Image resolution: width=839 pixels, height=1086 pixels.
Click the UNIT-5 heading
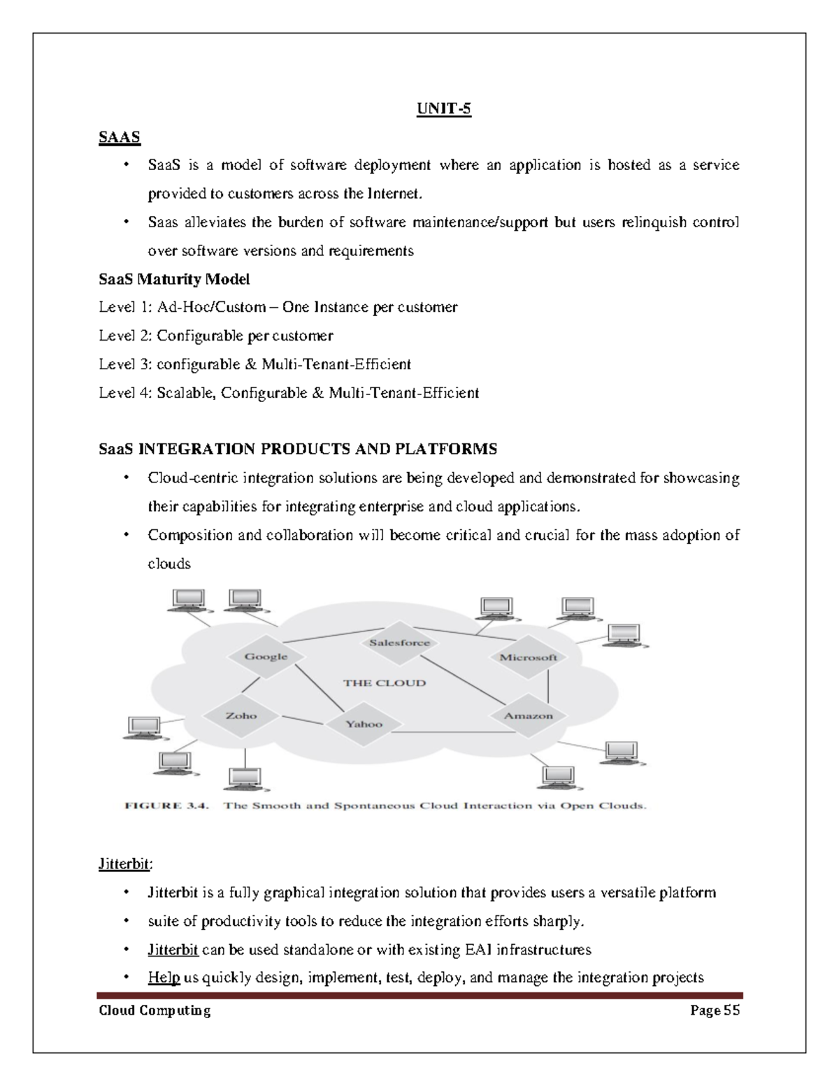tap(444, 109)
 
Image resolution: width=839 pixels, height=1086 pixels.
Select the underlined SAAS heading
tap(120, 138)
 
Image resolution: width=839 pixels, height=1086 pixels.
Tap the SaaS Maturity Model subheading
tap(174, 280)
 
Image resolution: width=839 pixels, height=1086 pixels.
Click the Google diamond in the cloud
tap(266, 657)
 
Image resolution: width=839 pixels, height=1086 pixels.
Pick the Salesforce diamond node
tap(399, 643)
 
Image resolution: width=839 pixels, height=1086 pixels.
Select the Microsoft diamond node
tap(528, 657)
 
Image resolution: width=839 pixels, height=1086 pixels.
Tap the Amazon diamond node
tap(528, 715)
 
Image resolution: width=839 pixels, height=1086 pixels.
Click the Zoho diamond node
tap(241, 715)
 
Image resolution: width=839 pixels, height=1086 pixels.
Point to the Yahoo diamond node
tap(364, 724)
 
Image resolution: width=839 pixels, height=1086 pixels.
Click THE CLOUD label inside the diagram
tap(384, 683)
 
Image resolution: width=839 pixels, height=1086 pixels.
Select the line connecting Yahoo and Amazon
tap(447, 732)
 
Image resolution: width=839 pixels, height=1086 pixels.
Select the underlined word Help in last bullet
tap(164, 978)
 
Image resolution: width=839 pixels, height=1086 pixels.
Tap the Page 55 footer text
tap(715, 1010)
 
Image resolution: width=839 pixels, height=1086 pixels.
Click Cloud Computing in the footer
tap(155, 1010)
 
